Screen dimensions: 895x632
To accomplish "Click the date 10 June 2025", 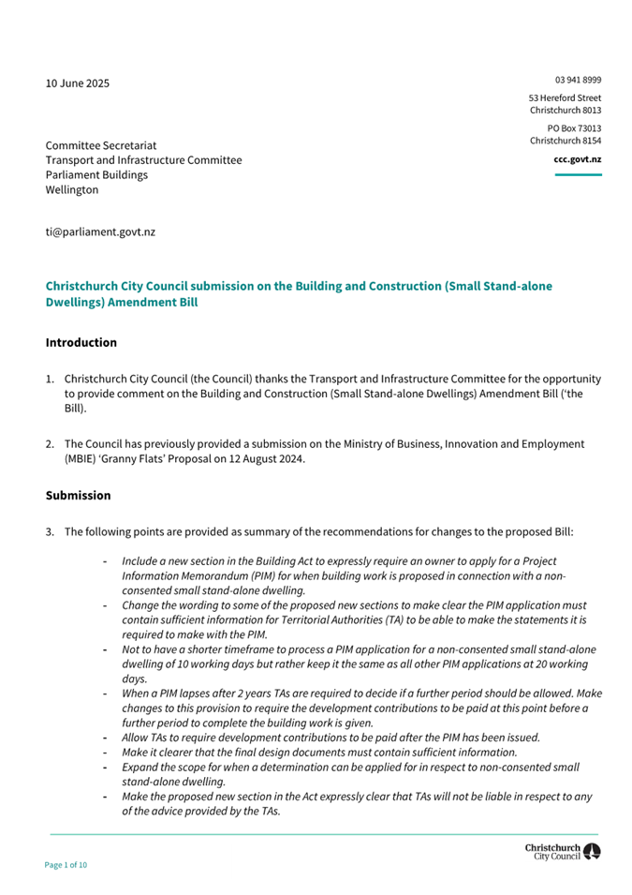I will click(x=78, y=83).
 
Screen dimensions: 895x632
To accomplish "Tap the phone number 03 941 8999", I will click(x=578, y=81).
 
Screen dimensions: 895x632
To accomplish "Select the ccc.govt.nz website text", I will click(x=578, y=159).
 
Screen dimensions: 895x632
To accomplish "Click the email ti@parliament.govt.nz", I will click(x=100, y=231).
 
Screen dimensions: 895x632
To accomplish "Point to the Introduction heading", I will click(x=81, y=342).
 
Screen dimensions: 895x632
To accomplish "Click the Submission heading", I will click(x=78, y=495).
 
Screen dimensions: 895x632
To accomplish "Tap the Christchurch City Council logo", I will click(x=564, y=851).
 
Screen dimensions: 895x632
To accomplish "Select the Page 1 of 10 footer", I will click(x=66, y=864).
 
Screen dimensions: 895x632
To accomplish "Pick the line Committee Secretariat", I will click(x=102, y=146).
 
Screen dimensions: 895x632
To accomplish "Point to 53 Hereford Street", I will click(x=565, y=97).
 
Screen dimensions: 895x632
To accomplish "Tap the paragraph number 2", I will click(x=51, y=442).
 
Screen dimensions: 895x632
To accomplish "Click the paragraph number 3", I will click(x=51, y=532).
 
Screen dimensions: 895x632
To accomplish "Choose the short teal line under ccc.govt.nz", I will click(x=578, y=175).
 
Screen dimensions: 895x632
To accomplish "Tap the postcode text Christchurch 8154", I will click(x=566, y=141).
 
